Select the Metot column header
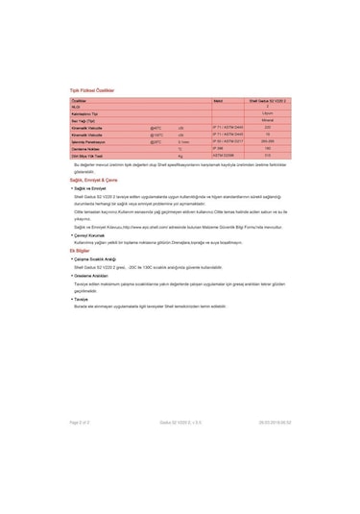219,99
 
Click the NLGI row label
78,106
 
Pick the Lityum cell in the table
268,113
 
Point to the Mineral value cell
268,120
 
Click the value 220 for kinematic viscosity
268,127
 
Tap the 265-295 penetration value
268,141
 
